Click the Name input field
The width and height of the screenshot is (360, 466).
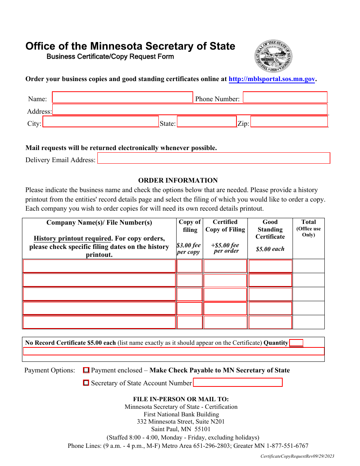coord(122,97)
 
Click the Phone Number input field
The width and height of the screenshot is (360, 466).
coord(285,97)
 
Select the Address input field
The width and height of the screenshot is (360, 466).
coord(189,109)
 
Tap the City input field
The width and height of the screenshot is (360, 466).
coord(100,122)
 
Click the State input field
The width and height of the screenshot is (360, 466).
coord(207,122)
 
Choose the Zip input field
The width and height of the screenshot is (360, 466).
coord(289,122)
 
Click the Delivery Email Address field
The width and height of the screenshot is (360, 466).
coord(214,158)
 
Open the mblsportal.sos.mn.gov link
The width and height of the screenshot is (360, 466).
coord(272,79)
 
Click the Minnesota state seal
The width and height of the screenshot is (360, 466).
coord(273,56)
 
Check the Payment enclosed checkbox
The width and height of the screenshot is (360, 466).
coord(86,370)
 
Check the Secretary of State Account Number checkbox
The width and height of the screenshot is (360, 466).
coord(86,383)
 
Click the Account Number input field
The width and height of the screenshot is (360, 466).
coord(238,383)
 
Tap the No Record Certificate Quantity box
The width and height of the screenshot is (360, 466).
coord(296,343)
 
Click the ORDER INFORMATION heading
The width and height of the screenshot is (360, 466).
coord(178,180)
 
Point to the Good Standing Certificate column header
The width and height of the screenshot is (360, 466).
coord(270,229)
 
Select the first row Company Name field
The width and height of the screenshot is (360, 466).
coord(99,266)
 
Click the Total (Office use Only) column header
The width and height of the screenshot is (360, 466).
coord(308,228)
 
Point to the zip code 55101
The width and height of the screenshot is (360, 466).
coord(202,429)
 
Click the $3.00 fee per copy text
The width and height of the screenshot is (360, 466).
coord(188,249)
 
